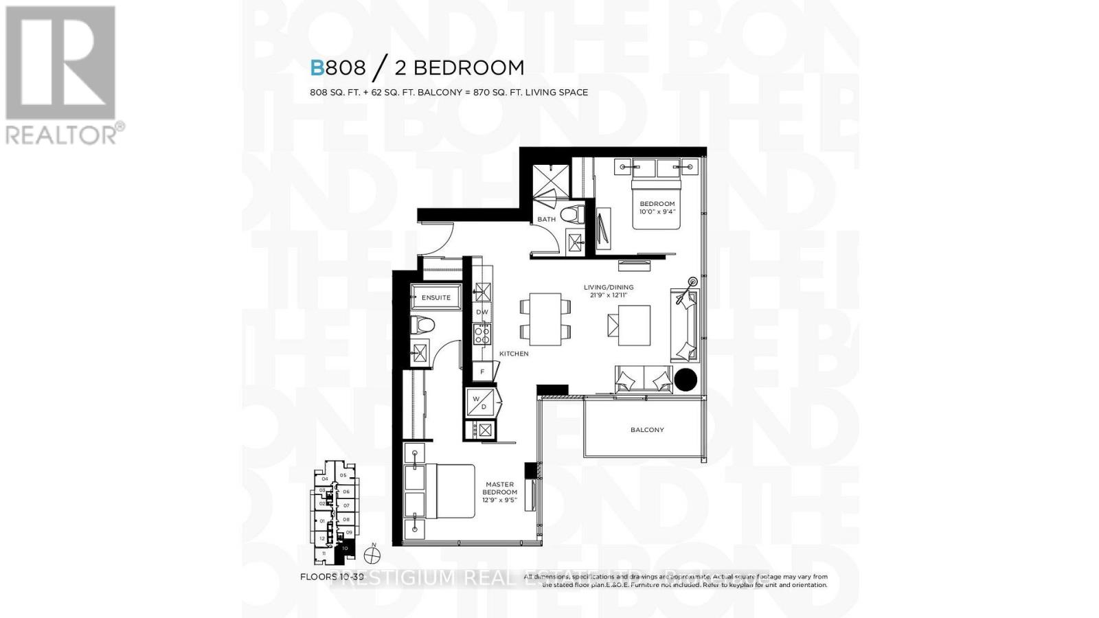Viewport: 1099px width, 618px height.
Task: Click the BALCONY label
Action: pyautogui.click(x=647, y=430)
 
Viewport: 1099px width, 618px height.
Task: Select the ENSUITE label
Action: pyautogui.click(x=436, y=297)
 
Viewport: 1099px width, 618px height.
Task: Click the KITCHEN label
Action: pyautogui.click(x=514, y=354)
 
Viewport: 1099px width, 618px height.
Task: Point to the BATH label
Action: pyautogui.click(x=547, y=219)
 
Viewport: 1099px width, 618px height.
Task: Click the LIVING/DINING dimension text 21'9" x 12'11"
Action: pyautogui.click(x=609, y=295)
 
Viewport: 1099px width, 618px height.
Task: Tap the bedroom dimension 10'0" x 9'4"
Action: pyautogui.click(x=657, y=211)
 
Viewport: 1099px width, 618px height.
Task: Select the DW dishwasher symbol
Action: pyautogui.click(x=482, y=312)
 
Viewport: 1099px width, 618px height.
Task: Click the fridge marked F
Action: pyautogui.click(x=482, y=371)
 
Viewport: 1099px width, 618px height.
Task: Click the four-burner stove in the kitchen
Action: pyautogui.click(x=482, y=334)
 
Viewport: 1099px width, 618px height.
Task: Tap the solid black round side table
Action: pyautogui.click(x=686, y=380)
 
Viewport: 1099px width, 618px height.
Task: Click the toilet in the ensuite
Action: pyautogui.click(x=420, y=325)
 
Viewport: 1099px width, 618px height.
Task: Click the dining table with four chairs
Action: pyautogui.click(x=545, y=317)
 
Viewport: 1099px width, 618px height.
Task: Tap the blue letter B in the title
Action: pyautogui.click(x=317, y=68)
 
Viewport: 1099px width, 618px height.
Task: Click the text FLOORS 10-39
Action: pyautogui.click(x=332, y=577)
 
